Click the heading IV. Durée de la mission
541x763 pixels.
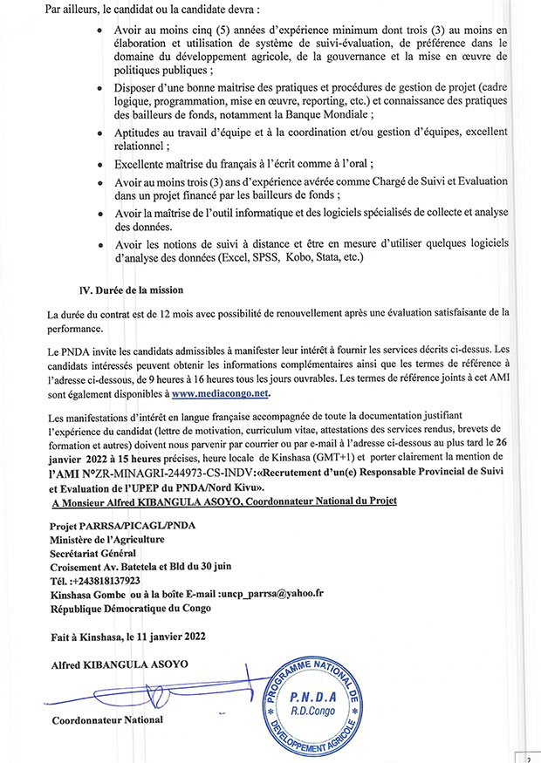coord(131,289)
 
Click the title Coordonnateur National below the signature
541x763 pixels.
coord(107,720)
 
